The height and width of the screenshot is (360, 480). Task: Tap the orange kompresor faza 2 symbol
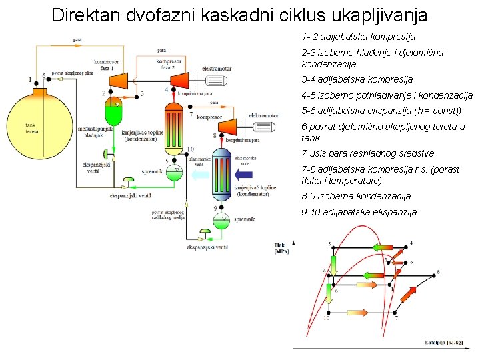click(x=179, y=80)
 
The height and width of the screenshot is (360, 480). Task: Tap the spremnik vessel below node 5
click(x=174, y=173)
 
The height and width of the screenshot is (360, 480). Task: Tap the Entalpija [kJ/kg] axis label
click(x=447, y=343)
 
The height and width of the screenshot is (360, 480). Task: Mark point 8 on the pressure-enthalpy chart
click(x=438, y=271)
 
